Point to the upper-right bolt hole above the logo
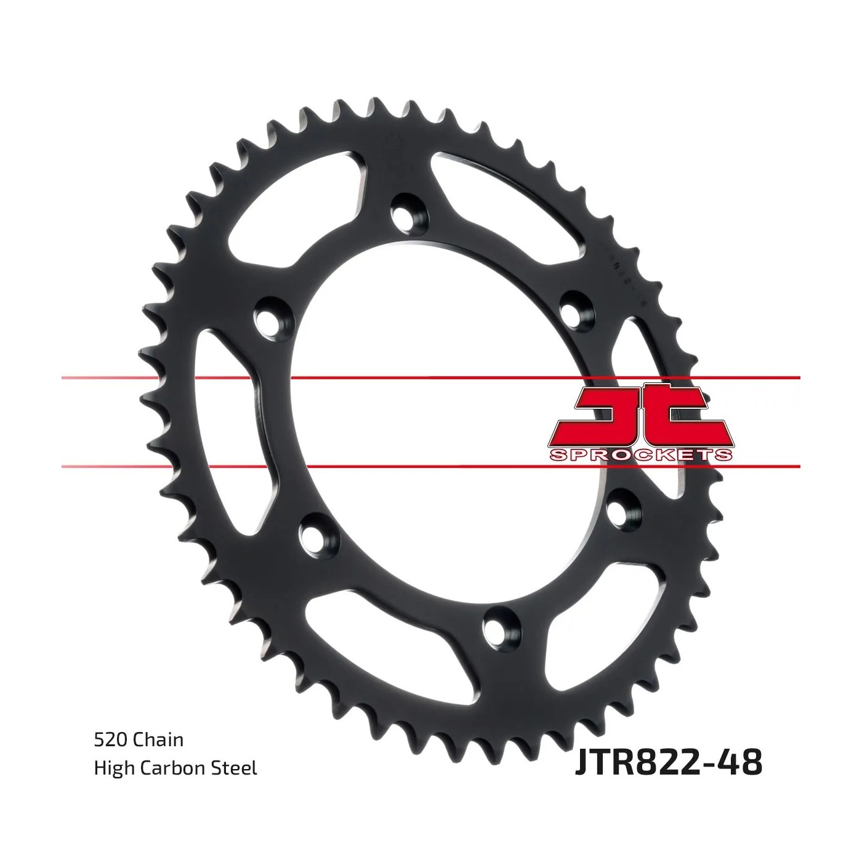tap(577, 307)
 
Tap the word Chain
tap(157, 740)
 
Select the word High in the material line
tap(115, 768)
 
